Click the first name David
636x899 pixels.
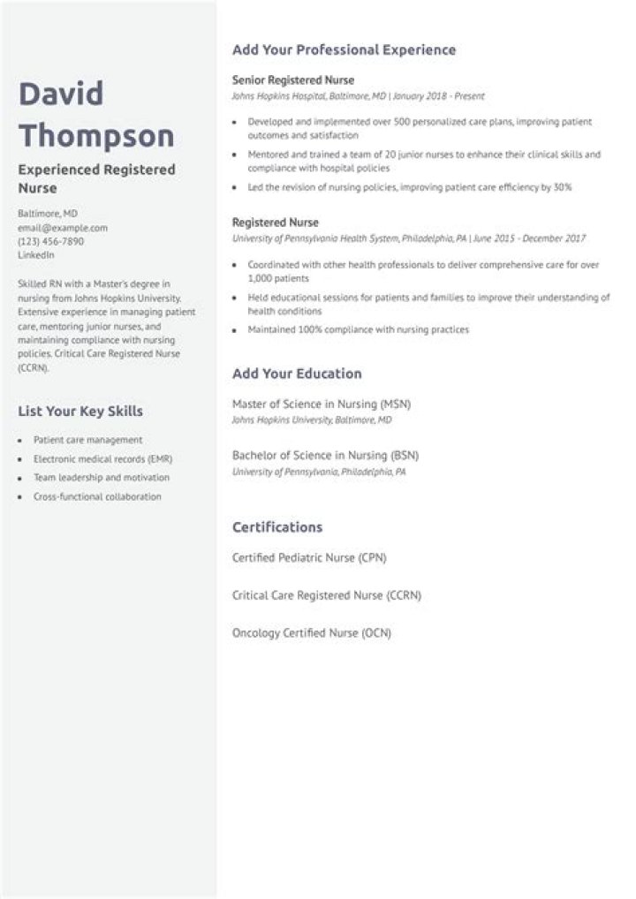click(x=62, y=94)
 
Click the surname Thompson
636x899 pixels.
click(x=96, y=136)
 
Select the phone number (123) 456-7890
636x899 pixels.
click(x=51, y=241)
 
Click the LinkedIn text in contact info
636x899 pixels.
click(x=36, y=254)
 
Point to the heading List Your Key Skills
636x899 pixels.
click(x=80, y=411)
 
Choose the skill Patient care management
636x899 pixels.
click(x=87, y=440)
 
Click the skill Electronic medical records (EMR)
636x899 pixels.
click(x=102, y=459)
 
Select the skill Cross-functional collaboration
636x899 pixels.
click(x=97, y=496)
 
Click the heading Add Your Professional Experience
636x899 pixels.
click(x=344, y=50)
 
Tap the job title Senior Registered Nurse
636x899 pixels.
click(x=292, y=79)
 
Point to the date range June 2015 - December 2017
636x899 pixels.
click(x=531, y=238)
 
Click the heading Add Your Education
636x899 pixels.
click(x=297, y=374)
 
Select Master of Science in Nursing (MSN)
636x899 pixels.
click(x=321, y=404)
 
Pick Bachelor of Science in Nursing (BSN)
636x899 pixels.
click(x=325, y=456)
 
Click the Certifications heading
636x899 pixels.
click(x=277, y=527)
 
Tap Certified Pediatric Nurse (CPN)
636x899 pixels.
click(x=309, y=558)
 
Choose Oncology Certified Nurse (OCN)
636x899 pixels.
click(x=311, y=633)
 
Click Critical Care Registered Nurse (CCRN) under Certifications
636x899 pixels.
click(x=326, y=595)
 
